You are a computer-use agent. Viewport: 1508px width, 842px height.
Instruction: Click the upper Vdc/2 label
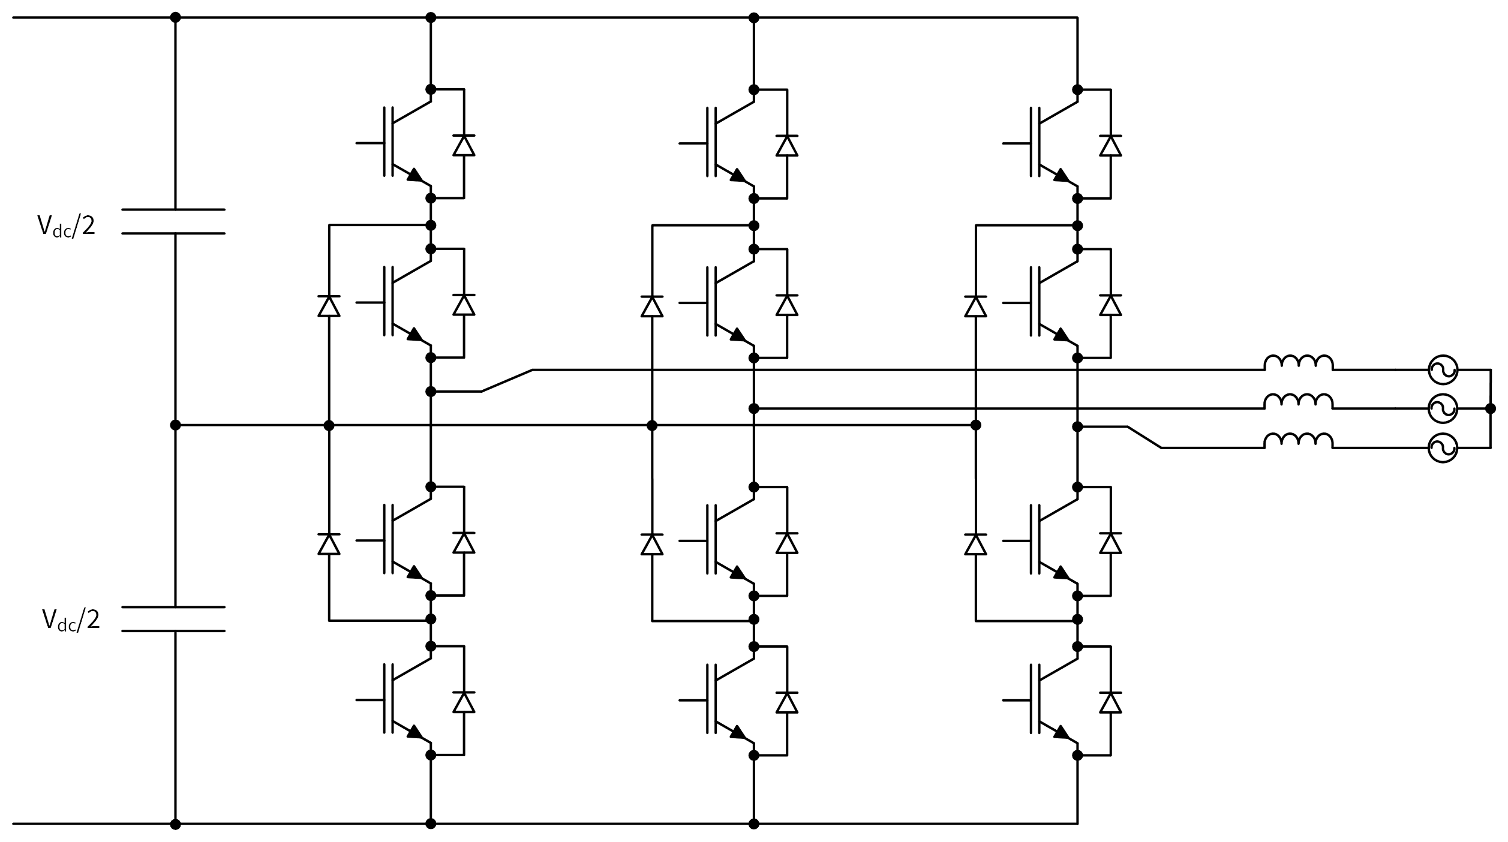(66, 226)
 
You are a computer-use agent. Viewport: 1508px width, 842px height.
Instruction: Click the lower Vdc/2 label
(71, 620)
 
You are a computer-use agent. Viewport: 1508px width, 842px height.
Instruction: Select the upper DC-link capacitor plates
(173, 221)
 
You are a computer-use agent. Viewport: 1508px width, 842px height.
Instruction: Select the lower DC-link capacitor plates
(173, 619)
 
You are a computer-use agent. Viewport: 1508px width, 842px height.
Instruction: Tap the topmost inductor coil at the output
(1299, 363)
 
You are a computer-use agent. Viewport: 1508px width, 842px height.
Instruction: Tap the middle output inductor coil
(1299, 402)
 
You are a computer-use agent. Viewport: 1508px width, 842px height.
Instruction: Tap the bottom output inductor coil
(1299, 441)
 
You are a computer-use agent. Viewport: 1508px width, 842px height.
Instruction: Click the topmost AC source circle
(1442, 370)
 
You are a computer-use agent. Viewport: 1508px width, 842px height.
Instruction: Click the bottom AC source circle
(1442, 448)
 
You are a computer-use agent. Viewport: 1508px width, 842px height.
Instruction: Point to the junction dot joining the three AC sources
(1490, 408)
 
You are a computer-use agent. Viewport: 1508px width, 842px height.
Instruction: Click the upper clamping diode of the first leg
(329, 306)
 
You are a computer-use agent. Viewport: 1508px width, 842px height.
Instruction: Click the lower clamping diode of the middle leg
(652, 544)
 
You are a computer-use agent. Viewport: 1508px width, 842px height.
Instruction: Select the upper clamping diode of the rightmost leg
(975, 306)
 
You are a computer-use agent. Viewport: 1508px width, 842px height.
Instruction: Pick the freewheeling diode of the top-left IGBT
(464, 145)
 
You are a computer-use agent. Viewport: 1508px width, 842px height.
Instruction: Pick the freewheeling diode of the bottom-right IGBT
(1110, 702)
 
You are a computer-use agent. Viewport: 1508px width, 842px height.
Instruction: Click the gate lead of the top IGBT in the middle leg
(692, 143)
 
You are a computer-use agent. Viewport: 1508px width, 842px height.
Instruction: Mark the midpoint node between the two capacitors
(175, 425)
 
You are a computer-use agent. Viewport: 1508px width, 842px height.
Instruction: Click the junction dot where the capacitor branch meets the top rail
(175, 17)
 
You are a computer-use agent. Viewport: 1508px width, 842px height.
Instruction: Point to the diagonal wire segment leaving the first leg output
(507, 381)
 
